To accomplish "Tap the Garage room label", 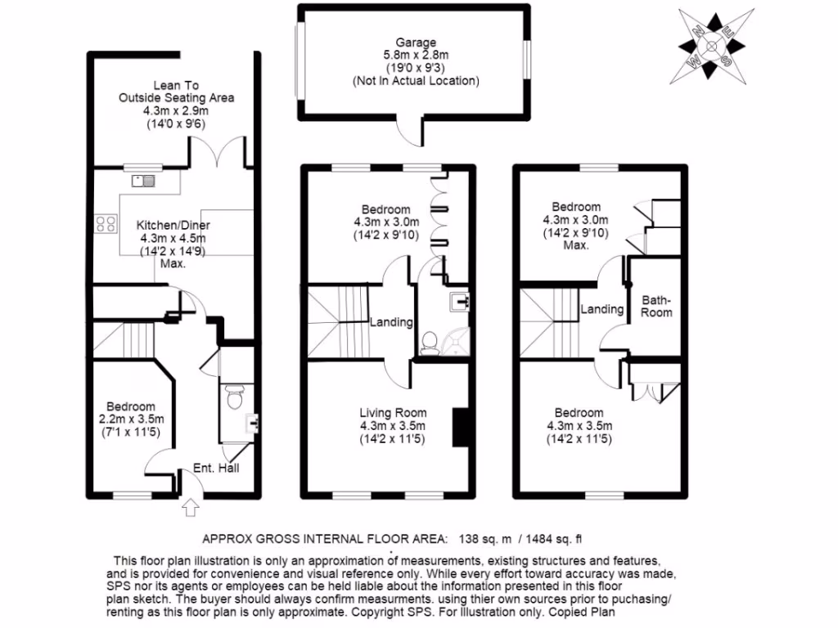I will click(415, 43).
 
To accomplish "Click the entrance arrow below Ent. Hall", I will click(191, 508).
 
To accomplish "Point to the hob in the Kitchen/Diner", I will click(106, 222).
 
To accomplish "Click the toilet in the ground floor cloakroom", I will click(235, 399).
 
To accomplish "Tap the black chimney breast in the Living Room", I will click(461, 426).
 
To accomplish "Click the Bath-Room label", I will click(656, 306).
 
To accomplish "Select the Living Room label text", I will click(393, 412).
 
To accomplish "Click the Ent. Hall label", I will click(215, 469).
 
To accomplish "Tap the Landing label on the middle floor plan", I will click(390, 322).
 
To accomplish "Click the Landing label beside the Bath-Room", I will click(602, 309).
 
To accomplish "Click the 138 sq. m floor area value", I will click(482, 538).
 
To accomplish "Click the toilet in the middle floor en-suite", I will click(430, 344).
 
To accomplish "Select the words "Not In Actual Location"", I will click(415, 81).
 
